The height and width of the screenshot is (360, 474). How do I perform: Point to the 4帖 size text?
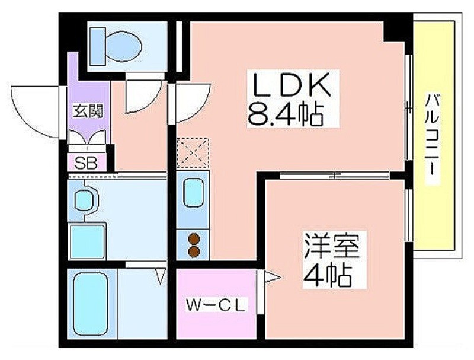click(328, 275)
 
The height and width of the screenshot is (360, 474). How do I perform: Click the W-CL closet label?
click(216, 305)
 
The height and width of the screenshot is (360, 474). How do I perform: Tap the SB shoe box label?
click(86, 163)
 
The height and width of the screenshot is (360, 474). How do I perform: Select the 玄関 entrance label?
click(88, 111)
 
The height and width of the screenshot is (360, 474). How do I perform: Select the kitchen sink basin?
click(193, 193)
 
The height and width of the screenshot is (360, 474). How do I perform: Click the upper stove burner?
click(194, 239)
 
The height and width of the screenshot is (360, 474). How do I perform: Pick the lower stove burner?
click(194, 251)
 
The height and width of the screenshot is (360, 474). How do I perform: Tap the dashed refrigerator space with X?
click(193, 153)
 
